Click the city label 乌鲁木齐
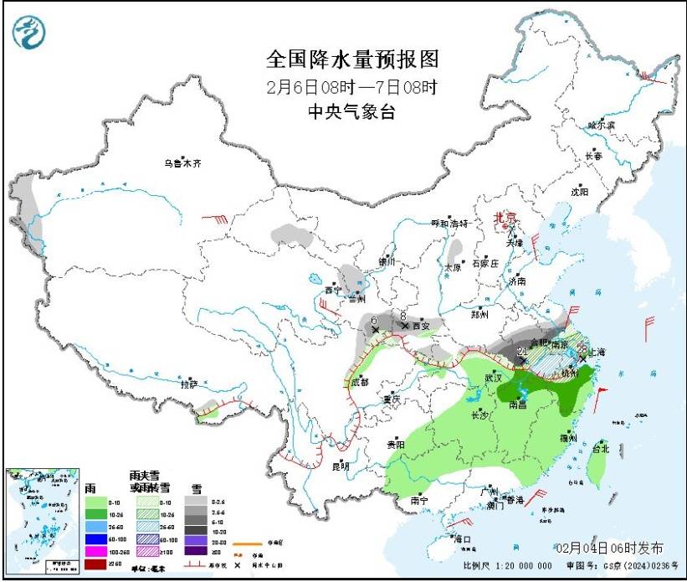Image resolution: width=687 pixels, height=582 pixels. pyautogui.click(x=182, y=162)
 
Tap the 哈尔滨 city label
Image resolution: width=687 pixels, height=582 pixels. pyautogui.click(x=600, y=125)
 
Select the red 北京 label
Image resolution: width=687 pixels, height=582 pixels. pyautogui.click(x=505, y=216)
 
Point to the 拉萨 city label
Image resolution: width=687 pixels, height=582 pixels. pyautogui.click(x=189, y=384)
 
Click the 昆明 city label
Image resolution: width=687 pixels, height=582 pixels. pyautogui.click(x=340, y=466)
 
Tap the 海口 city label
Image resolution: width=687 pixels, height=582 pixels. pyautogui.click(x=461, y=539)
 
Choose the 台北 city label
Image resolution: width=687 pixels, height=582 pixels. pyautogui.click(x=600, y=448)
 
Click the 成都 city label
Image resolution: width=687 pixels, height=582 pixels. pyautogui.click(x=359, y=382)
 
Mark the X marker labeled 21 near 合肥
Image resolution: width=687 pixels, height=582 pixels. pyautogui.click(x=525, y=359)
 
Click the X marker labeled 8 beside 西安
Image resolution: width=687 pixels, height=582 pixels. pyautogui.click(x=405, y=325)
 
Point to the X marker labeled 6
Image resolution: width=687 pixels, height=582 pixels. pyautogui.click(x=375, y=330)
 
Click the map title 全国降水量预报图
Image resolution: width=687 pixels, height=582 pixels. pyautogui.click(x=351, y=59)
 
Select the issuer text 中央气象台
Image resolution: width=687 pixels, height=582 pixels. pyautogui.click(x=351, y=112)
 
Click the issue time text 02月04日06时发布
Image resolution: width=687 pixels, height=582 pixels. pyautogui.click(x=610, y=548)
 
